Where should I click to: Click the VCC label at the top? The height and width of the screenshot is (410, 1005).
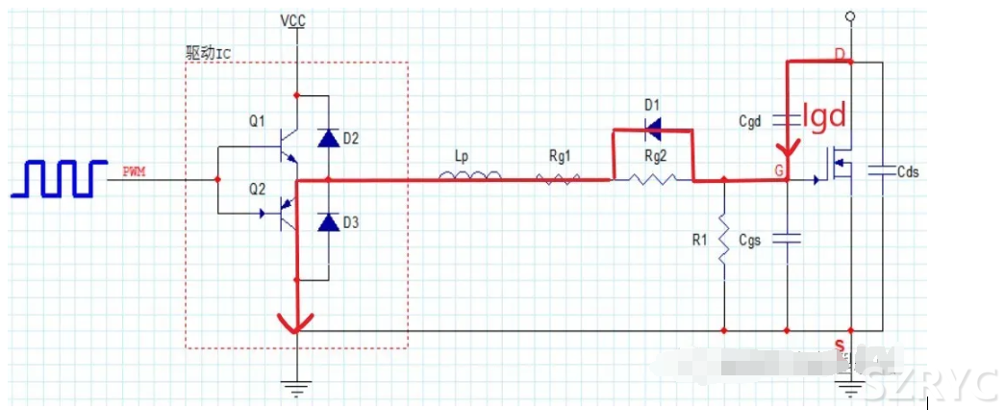click(294, 18)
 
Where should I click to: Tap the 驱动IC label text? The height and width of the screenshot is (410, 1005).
click(209, 53)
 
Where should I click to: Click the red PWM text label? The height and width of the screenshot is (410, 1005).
click(134, 171)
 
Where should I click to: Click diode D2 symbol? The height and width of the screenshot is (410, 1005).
click(329, 139)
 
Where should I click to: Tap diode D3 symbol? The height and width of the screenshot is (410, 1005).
click(329, 223)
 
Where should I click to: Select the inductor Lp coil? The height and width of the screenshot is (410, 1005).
click(469, 176)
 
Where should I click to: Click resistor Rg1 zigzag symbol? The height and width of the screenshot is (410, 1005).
click(558, 178)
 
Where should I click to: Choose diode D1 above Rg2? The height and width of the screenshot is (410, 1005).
click(653, 127)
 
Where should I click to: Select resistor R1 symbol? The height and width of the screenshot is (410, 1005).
click(722, 246)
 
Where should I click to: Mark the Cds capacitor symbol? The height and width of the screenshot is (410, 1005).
click(879, 170)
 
